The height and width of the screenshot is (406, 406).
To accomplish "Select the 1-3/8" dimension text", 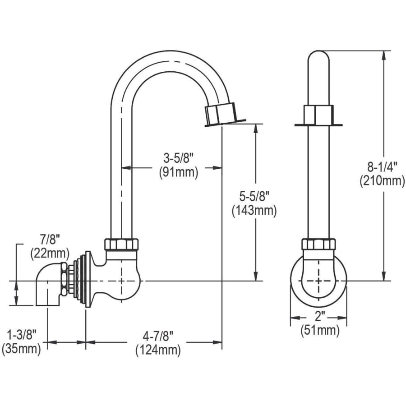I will (21, 335).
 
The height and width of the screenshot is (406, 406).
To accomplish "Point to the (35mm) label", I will (21, 349).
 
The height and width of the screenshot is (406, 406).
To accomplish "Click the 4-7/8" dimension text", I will (158, 336).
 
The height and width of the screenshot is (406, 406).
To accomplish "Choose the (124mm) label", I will (158, 350).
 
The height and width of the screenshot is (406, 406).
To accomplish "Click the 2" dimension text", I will (318, 316).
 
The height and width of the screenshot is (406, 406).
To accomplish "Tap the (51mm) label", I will (318, 330).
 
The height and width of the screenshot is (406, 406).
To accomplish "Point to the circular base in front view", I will (318, 282).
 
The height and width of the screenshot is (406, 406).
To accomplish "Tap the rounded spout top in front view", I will (318, 59).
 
